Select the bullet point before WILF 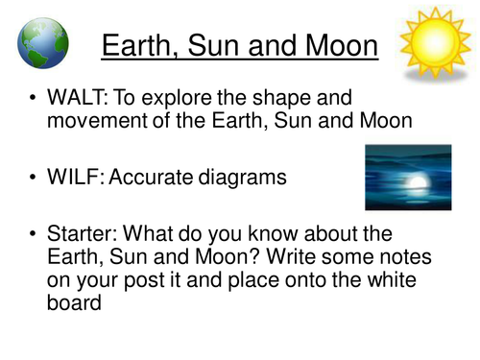coord(36,176)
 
